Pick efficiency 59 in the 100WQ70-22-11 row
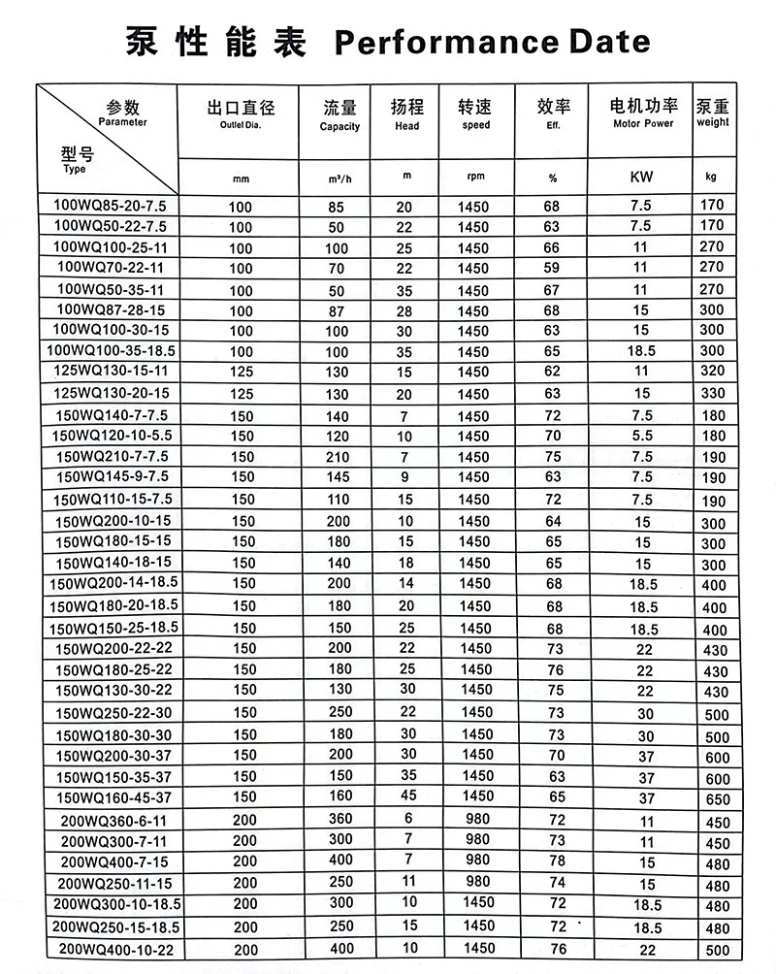[x=552, y=268]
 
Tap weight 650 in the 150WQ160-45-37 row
[x=714, y=798]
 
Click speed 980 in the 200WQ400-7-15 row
[x=474, y=860]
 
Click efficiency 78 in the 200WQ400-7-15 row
[x=557, y=861]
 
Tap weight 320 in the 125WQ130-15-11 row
[x=714, y=373]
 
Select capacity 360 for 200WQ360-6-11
[x=341, y=819]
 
